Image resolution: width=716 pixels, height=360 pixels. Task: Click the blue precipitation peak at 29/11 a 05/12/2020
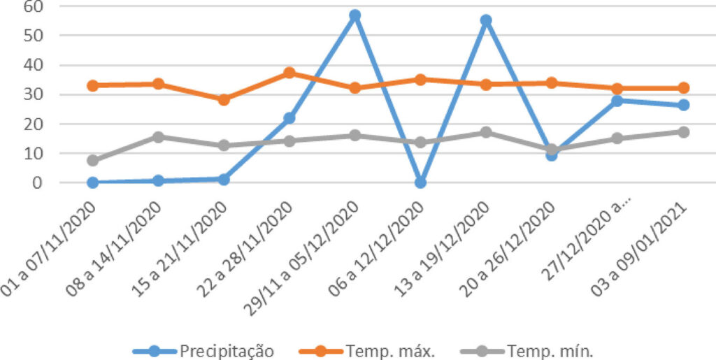(x=355, y=15)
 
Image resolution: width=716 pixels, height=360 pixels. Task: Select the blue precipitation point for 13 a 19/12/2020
(x=486, y=21)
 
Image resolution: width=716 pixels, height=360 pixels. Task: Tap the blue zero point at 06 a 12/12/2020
(x=420, y=182)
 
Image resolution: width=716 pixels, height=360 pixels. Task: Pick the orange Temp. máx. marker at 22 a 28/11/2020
(x=289, y=73)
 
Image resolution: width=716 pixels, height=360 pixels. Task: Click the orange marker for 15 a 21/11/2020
(x=224, y=99)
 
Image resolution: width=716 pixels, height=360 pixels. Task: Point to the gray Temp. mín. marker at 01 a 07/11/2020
(x=93, y=160)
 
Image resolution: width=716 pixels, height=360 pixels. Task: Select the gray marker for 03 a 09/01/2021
(x=683, y=131)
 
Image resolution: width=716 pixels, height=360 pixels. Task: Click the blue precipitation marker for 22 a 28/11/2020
(x=289, y=118)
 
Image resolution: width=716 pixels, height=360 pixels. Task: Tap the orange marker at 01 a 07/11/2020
(x=93, y=85)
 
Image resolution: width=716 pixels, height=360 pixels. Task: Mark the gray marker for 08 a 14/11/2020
(x=159, y=137)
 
